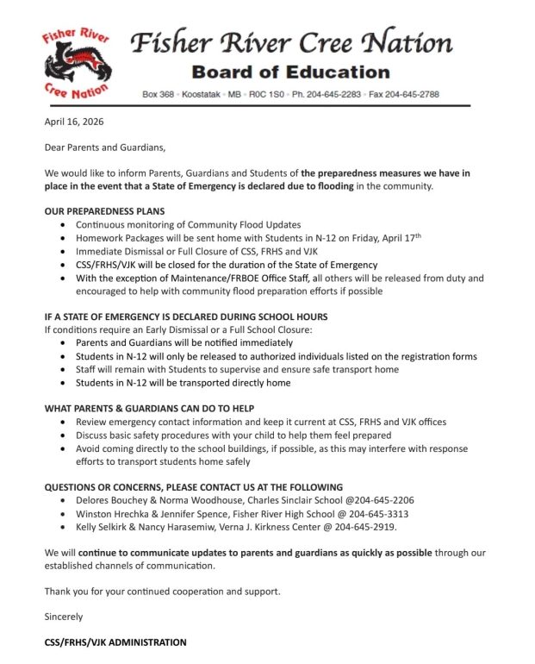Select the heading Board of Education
(x=290, y=72)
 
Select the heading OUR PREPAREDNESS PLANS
(x=104, y=211)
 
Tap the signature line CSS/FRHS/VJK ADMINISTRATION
(x=115, y=642)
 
